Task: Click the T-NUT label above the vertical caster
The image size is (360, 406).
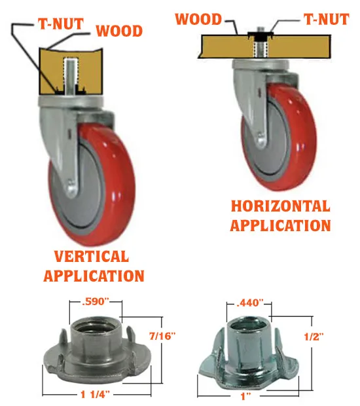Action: click(x=61, y=24)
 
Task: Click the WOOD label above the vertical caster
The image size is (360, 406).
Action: click(x=119, y=31)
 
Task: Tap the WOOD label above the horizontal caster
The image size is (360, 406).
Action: click(x=198, y=19)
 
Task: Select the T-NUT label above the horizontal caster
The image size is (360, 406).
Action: click(x=327, y=20)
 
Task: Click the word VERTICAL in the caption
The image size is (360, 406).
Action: click(x=92, y=256)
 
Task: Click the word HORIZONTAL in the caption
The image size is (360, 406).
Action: click(x=281, y=206)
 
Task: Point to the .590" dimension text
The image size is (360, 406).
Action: click(x=96, y=301)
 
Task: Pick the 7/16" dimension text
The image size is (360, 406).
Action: click(x=162, y=336)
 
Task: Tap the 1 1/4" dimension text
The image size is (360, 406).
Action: click(x=96, y=395)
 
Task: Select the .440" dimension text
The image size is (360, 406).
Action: click(x=250, y=303)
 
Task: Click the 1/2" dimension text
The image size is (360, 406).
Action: click(x=314, y=337)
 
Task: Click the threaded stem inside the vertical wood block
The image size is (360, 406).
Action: click(x=70, y=76)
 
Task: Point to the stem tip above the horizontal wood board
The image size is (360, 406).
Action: click(x=259, y=29)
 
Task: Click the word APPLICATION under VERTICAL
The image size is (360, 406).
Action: click(x=94, y=276)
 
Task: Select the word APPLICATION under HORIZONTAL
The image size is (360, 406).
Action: click(x=281, y=225)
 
